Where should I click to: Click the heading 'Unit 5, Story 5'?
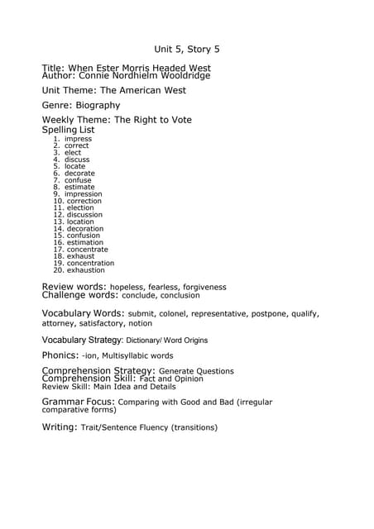coord(186,50)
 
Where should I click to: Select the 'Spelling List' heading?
coord(68,130)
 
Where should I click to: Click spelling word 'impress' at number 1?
coord(79,139)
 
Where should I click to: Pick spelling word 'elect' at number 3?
coord(74,153)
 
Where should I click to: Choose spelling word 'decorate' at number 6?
coord(80,174)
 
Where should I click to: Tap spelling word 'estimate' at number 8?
coord(80,187)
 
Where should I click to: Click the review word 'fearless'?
coord(161,287)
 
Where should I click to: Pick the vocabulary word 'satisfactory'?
coord(98,323)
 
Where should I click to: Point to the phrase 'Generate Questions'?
coord(196,371)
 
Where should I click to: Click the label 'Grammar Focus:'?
coord(79,402)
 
